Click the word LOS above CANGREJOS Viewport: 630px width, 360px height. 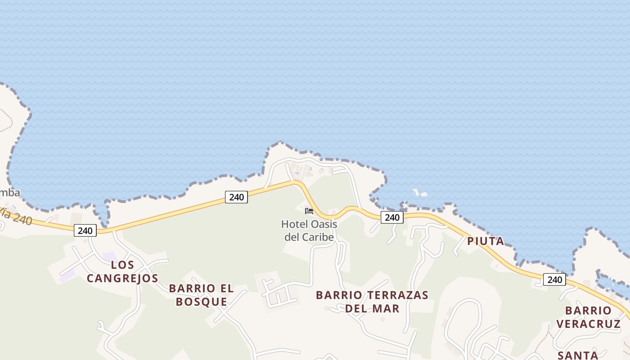[122, 265]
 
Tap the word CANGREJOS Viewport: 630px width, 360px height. [122, 279]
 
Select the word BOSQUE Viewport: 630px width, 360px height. [201, 302]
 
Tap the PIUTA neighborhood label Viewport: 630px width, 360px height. [486, 241]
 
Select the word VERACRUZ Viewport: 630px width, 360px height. [588, 324]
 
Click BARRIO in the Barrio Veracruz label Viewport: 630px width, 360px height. [588, 310]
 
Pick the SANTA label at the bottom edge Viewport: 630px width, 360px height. [578, 355]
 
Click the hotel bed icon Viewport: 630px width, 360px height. [309, 211]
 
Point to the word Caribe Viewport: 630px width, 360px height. [318, 237]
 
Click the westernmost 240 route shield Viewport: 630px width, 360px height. [85, 231]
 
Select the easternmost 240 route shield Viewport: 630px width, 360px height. [554, 279]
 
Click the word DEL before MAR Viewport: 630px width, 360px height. [358, 309]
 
